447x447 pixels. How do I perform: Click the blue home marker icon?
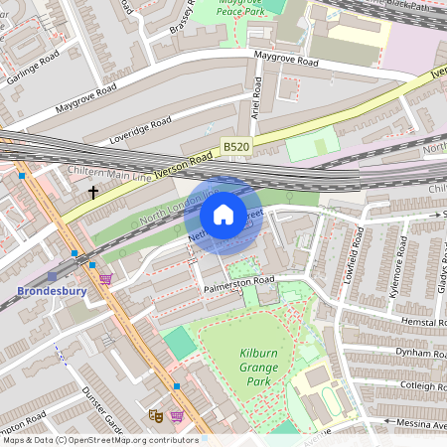(x=223, y=215)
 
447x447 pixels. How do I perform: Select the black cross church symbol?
(x=94, y=192)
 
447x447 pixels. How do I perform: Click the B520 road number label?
(x=236, y=147)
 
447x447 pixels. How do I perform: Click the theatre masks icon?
(x=155, y=414)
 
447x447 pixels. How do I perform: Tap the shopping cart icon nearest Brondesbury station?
(x=105, y=279)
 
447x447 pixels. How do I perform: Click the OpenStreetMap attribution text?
(x=99, y=439)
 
